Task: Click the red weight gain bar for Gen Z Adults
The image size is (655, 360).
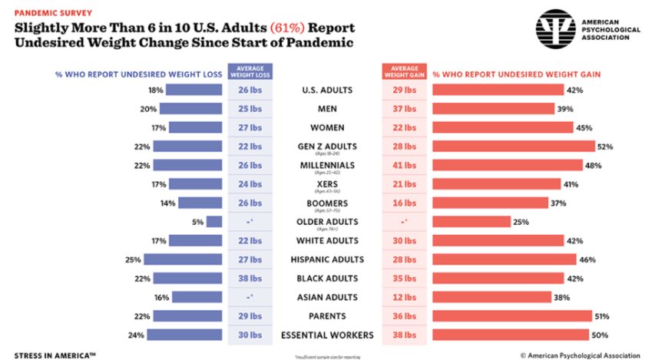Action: coord(513,146)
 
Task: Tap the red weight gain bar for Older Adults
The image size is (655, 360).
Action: coord(471,222)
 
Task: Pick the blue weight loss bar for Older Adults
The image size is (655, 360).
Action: coord(214,222)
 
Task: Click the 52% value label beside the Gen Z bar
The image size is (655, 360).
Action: coord(606,146)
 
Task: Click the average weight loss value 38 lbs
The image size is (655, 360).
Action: coord(250,278)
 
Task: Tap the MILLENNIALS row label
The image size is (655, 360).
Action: coord(326,165)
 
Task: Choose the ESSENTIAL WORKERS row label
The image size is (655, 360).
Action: coord(326,335)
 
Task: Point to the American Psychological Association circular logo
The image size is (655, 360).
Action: coord(557,32)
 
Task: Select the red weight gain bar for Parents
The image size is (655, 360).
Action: coord(512,315)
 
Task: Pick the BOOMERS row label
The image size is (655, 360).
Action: coord(326,203)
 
